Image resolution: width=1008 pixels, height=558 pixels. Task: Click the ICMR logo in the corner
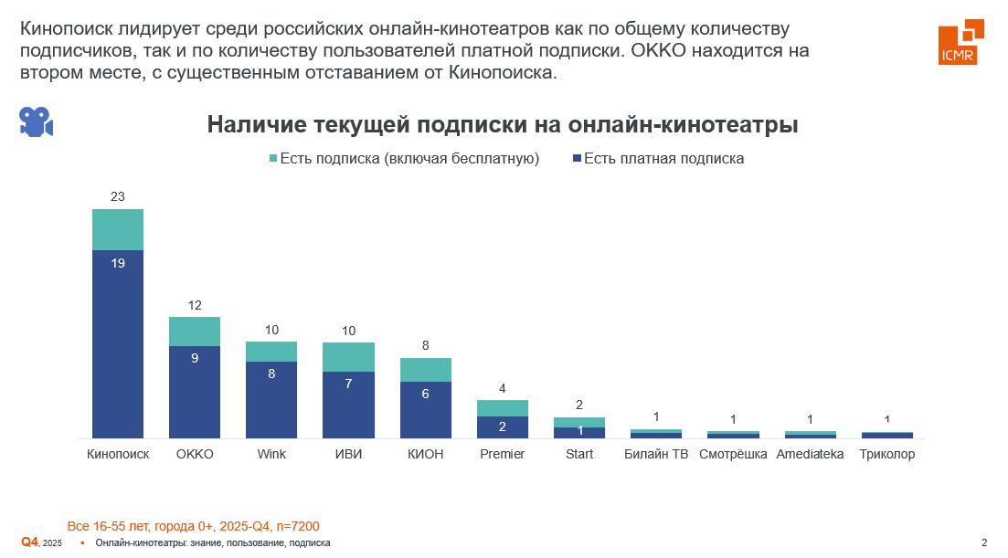960,42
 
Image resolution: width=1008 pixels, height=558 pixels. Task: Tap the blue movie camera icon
37,121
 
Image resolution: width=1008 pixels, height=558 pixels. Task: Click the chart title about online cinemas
503,125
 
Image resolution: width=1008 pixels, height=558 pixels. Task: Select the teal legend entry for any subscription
403,159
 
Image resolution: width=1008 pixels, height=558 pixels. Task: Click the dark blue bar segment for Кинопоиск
118,343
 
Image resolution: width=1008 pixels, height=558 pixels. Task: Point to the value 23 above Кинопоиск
118,196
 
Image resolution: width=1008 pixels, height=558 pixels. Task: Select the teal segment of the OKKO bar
195,332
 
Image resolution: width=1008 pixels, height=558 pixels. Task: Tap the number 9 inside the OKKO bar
195,359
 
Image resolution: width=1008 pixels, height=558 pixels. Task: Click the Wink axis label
271,455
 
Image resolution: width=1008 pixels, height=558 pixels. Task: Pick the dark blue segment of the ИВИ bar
348,405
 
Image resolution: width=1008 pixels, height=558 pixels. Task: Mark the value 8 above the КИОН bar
426,346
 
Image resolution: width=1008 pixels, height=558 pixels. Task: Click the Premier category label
503,455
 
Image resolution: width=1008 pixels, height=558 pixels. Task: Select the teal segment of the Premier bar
503,408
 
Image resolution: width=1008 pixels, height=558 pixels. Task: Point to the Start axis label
579,455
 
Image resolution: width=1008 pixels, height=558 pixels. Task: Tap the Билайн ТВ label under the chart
656,455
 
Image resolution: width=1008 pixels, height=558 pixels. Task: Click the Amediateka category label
810,455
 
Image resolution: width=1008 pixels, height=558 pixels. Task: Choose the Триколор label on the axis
887,455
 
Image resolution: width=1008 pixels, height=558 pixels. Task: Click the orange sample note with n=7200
193,527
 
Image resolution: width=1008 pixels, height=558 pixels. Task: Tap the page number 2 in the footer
984,543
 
